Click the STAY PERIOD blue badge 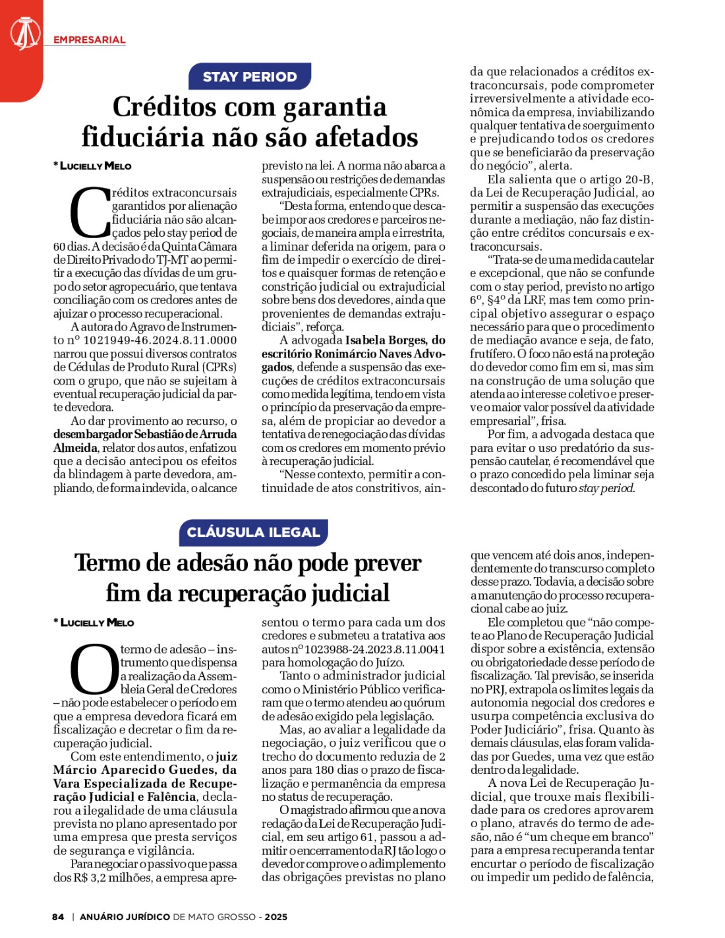249,77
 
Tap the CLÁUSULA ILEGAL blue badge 253,532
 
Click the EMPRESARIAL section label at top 90,40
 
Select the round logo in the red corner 25,33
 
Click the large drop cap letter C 90,212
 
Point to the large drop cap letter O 94,670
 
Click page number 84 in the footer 58,917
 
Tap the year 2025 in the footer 276,917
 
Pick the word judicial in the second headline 350,593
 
